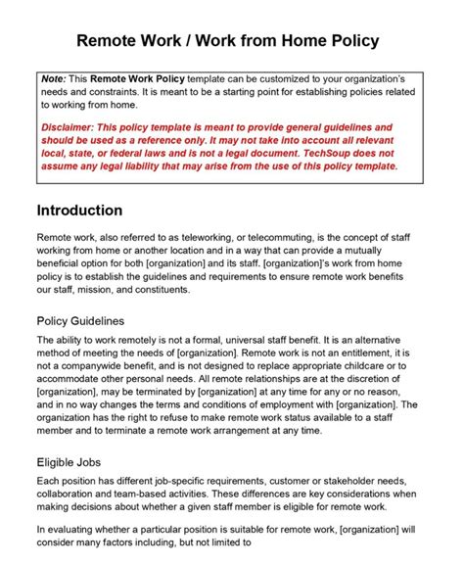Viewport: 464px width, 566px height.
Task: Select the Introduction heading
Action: [x=79, y=211]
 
